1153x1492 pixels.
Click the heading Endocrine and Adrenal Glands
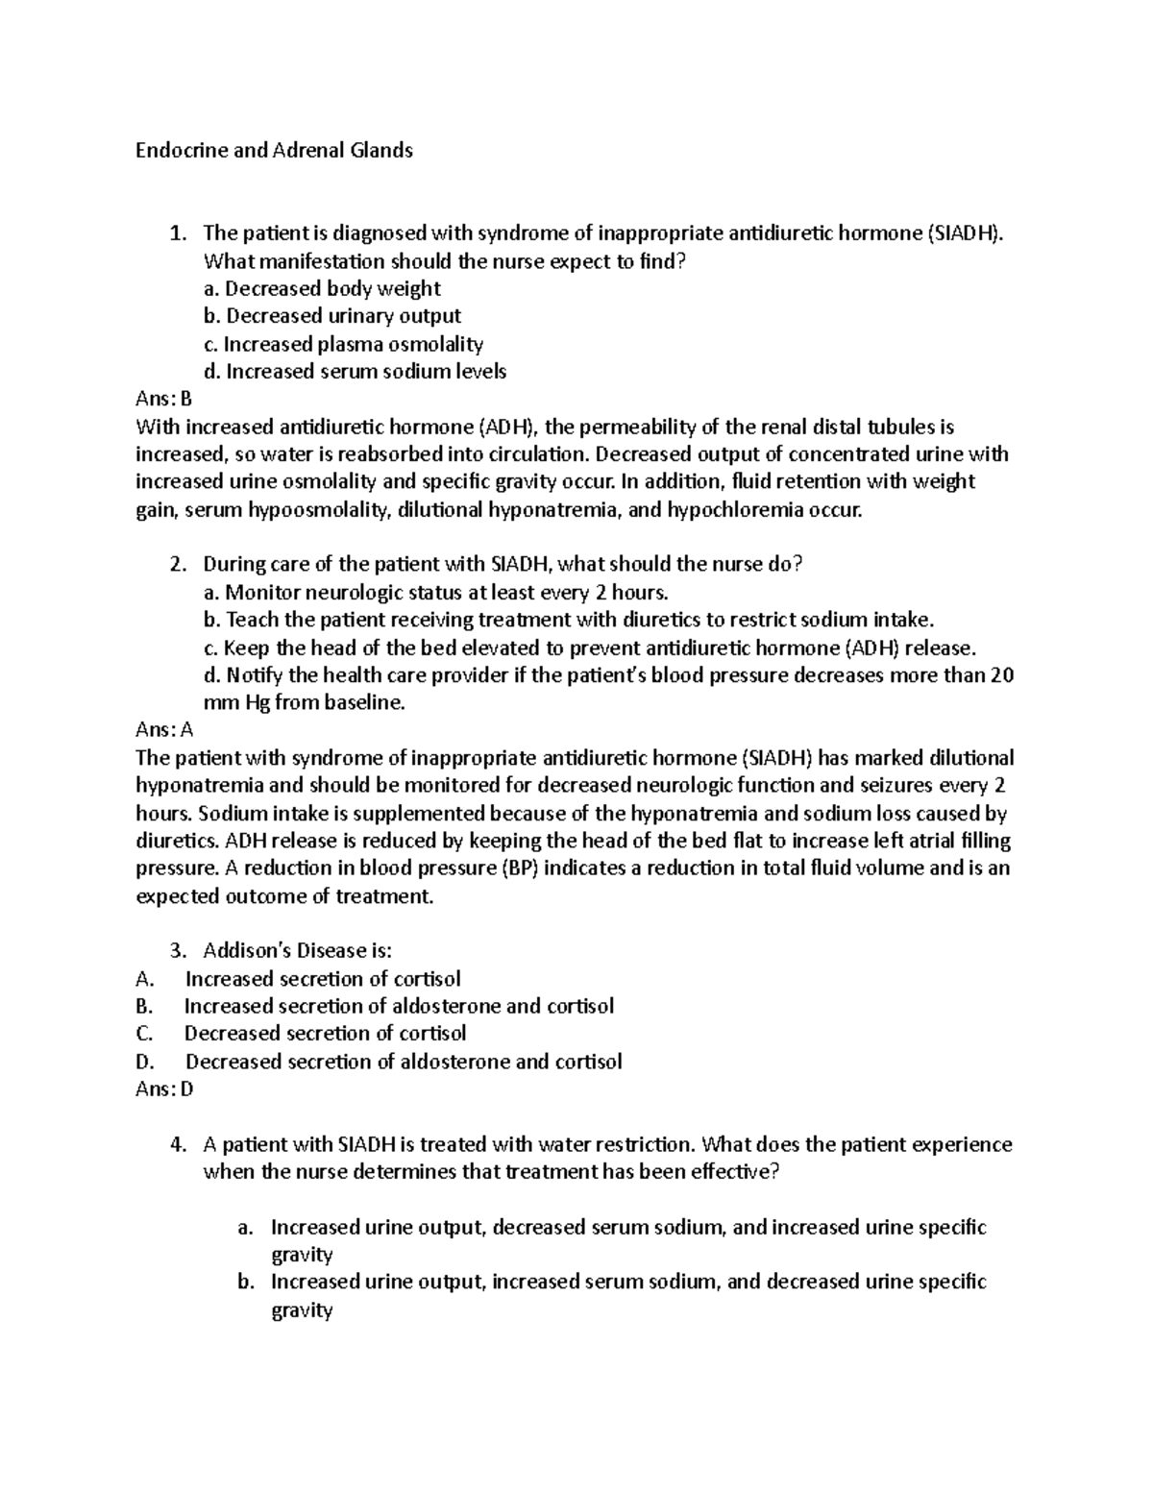(x=274, y=150)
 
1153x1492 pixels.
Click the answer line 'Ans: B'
(x=164, y=399)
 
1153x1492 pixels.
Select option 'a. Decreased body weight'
(x=323, y=288)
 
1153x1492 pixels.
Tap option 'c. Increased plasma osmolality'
(x=343, y=344)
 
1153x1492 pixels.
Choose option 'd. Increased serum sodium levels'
(x=355, y=372)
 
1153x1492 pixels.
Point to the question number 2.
(x=177, y=565)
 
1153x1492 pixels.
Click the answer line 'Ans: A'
(x=164, y=730)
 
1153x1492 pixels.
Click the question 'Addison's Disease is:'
(x=298, y=951)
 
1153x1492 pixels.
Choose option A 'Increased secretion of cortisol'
(x=323, y=979)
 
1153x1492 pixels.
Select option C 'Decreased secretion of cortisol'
(x=325, y=1034)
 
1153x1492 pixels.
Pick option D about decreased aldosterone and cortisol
(x=404, y=1062)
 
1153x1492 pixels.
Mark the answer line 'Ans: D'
(x=164, y=1089)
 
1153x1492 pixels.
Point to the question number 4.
(x=177, y=1145)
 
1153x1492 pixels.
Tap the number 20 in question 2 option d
(x=1001, y=675)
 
